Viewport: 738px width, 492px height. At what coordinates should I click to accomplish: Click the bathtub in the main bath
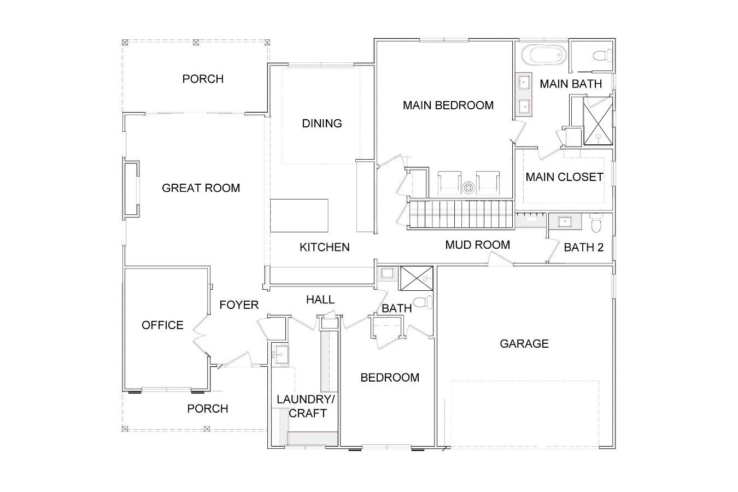544,55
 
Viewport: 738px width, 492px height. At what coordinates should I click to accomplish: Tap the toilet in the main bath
602,55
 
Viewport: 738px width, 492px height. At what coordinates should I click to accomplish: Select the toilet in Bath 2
596,223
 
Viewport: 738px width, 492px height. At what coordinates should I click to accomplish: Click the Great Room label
201,188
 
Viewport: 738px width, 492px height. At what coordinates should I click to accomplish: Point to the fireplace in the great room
131,189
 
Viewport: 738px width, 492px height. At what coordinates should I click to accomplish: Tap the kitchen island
299,215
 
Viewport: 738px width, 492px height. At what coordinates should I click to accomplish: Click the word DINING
322,123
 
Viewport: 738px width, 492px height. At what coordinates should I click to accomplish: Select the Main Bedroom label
448,105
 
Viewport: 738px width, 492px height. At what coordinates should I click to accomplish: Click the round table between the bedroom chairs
468,188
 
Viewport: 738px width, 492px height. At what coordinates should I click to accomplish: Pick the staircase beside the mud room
461,214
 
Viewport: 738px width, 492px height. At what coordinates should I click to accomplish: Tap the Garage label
524,344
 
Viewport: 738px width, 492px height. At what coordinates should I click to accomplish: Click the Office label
162,325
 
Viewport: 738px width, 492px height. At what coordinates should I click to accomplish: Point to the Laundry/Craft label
306,406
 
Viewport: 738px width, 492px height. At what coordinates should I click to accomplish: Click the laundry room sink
282,355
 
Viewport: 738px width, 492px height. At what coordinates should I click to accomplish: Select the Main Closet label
564,177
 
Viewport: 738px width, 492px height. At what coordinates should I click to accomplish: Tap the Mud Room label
478,245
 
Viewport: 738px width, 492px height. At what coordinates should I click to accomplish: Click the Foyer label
239,305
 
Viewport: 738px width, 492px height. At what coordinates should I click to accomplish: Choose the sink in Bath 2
565,221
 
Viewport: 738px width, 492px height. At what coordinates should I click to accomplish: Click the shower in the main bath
598,121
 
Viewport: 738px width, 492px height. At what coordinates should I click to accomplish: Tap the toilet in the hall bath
423,302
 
